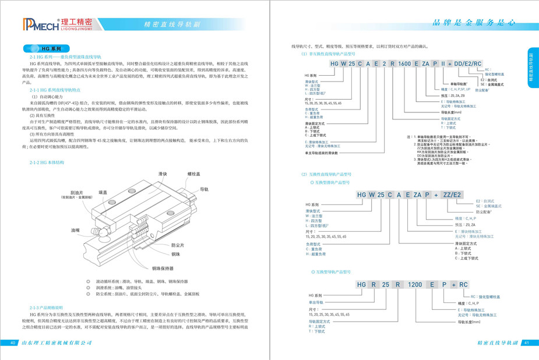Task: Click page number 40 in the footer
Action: (13, 343)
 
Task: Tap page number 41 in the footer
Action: (527, 343)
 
